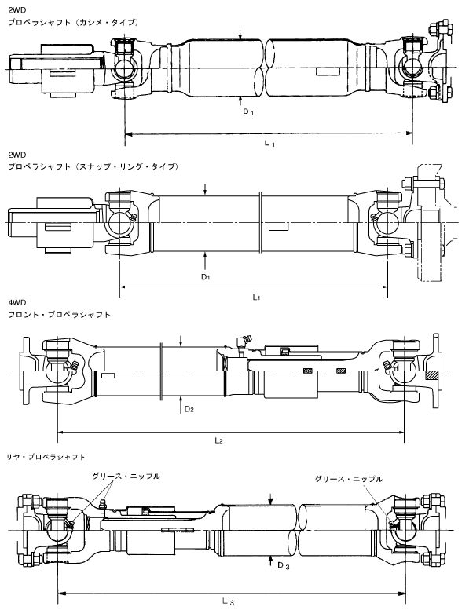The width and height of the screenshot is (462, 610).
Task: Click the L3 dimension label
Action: click(228, 602)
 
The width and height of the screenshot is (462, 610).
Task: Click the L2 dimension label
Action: click(218, 440)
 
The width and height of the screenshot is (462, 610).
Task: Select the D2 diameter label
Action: click(189, 409)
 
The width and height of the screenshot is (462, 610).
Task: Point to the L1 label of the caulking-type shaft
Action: click(269, 144)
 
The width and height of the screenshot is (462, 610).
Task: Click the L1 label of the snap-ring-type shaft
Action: click(256, 298)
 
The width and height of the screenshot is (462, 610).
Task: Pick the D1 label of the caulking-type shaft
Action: click(248, 112)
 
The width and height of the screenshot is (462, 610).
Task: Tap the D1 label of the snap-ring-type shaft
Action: click(206, 277)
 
